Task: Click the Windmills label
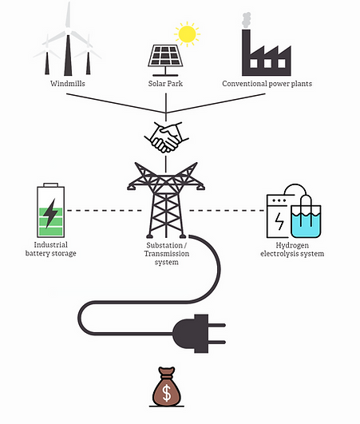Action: point(67,84)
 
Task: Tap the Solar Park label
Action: point(166,84)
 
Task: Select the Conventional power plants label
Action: point(267,84)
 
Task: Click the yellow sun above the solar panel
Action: point(187,34)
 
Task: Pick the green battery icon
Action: point(49,210)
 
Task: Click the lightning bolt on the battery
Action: point(49,213)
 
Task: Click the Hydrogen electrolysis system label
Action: point(299,248)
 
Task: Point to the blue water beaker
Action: point(306,220)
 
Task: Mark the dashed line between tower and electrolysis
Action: point(227,211)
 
